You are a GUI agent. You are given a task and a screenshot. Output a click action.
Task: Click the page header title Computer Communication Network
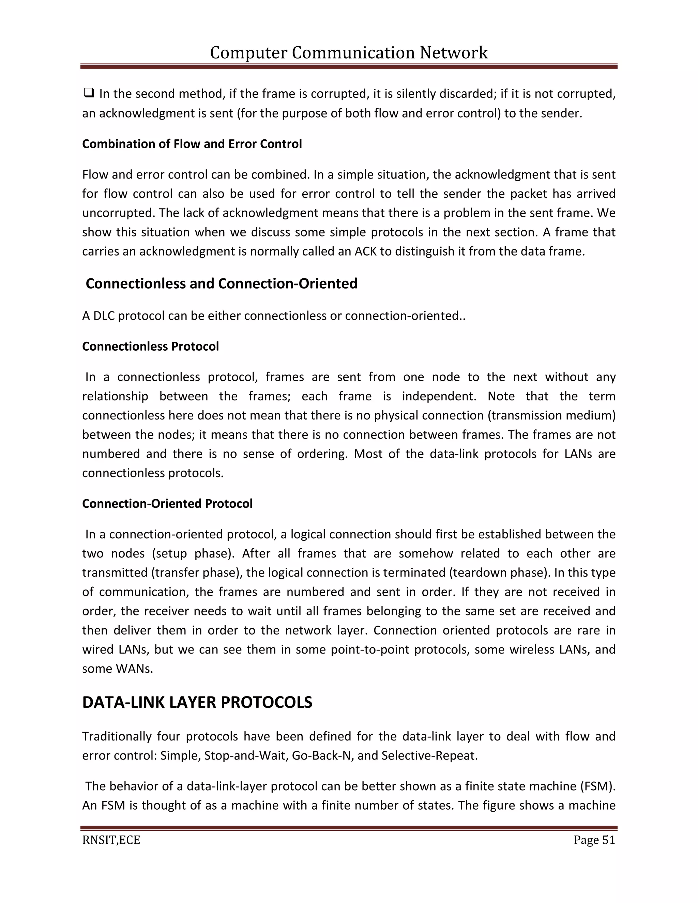pyautogui.click(x=349, y=53)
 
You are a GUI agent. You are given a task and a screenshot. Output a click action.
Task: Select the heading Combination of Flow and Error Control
pyautogui.click(x=192, y=144)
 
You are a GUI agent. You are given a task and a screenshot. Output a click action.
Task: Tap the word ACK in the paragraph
pyautogui.click(x=366, y=251)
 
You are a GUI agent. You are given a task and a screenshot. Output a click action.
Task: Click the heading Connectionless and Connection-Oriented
pyautogui.click(x=221, y=284)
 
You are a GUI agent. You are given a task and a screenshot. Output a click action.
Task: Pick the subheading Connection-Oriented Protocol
pyautogui.click(x=167, y=504)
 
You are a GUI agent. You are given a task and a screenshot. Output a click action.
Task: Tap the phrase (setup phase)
pyautogui.click(x=193, y=554)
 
